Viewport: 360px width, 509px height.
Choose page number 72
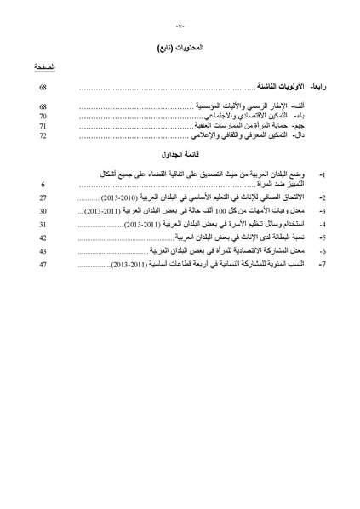43,135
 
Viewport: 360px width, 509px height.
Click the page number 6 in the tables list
43,207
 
